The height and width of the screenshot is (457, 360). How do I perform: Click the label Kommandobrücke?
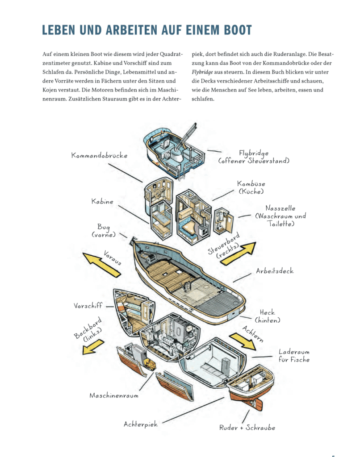click(99, 156)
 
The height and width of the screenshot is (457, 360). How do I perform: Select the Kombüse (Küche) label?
click(251, 187)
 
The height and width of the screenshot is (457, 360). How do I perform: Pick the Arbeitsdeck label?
click(275, 271)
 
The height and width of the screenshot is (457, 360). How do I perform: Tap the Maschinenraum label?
click(114, 395)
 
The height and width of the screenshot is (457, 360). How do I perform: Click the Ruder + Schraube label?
click(247, 428)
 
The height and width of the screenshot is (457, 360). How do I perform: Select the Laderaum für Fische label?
click(294, 356)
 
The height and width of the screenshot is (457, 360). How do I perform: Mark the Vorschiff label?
click(88, 306)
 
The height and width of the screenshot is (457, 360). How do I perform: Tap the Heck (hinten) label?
click(267, 316)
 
